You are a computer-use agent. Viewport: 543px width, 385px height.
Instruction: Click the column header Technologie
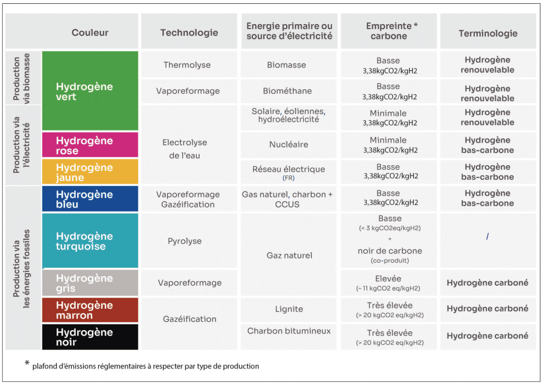point(189,33)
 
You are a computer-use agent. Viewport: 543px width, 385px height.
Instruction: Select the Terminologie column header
point(488,33)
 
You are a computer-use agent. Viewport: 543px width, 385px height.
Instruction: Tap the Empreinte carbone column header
point(388,31)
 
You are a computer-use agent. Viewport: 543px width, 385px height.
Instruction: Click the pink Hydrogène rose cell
point(90,145)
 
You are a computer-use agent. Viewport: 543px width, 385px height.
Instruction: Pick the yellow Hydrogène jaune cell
point(90,172)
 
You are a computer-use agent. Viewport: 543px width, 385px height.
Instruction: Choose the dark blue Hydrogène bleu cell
point(90,199)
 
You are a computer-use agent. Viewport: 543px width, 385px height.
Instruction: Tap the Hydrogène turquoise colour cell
point(90,241)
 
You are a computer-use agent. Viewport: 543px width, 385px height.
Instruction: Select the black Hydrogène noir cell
point(90,337)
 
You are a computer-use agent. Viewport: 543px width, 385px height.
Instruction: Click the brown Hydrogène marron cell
point(90,310)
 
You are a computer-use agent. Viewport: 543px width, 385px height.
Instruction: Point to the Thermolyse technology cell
point(187,65)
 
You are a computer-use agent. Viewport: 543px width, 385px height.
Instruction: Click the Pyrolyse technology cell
point(185,241)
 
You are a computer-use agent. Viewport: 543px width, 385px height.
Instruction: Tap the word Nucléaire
point(289,145)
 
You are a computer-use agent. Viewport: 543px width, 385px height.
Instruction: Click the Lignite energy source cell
point(289,309)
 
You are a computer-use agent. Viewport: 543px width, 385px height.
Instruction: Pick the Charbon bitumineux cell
point(289,331)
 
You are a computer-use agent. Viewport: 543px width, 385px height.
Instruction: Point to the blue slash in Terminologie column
point(487,236)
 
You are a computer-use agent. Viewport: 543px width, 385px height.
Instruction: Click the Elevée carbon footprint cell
point(388,282)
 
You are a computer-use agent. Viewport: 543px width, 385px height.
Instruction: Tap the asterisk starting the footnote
point(26,363)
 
